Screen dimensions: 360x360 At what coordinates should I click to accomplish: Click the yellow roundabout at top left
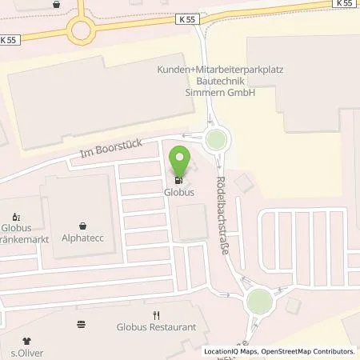pyautogui.click(x=80, y=31)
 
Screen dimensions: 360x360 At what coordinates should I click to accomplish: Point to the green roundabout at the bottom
pyautogui.click(x=259, y=302)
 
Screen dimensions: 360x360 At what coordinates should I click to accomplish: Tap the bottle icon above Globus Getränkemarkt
pyautogui.click(x=17, y=216)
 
